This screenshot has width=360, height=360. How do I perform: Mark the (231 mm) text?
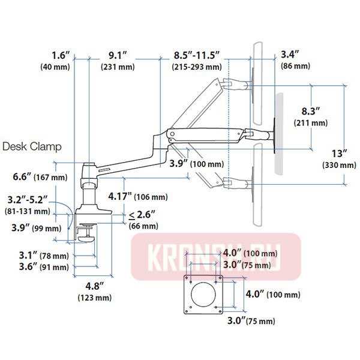(x=118, y=67)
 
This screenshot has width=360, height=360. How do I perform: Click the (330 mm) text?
(x=339, y=164)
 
